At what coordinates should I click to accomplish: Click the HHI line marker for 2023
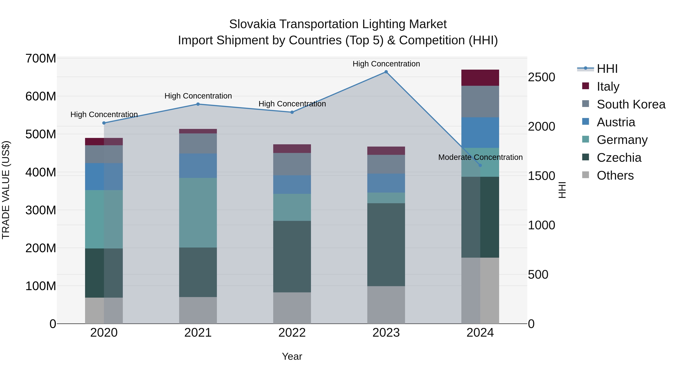(386, 72)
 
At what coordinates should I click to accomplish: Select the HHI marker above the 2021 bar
(198, 104)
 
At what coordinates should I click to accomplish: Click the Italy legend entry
(608, 87)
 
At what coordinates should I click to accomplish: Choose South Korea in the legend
(631, 104)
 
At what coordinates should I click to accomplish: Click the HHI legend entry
(607, 69)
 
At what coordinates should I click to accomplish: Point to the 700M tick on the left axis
(41, 59)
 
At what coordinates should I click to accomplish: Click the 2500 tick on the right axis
(541, 77)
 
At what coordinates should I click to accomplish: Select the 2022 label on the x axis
(292, 333)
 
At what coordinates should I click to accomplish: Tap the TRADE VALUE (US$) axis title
(6, 190)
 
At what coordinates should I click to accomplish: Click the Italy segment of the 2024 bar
(480, 78)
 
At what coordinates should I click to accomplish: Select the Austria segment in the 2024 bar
(480, 132)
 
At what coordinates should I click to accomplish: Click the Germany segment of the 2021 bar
(198, 212)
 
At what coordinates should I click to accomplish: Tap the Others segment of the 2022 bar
(292, 308)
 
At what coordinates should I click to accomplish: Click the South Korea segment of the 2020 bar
(104, 154)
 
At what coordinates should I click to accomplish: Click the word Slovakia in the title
(252, 24)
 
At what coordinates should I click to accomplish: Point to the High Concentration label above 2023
(386, 64)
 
